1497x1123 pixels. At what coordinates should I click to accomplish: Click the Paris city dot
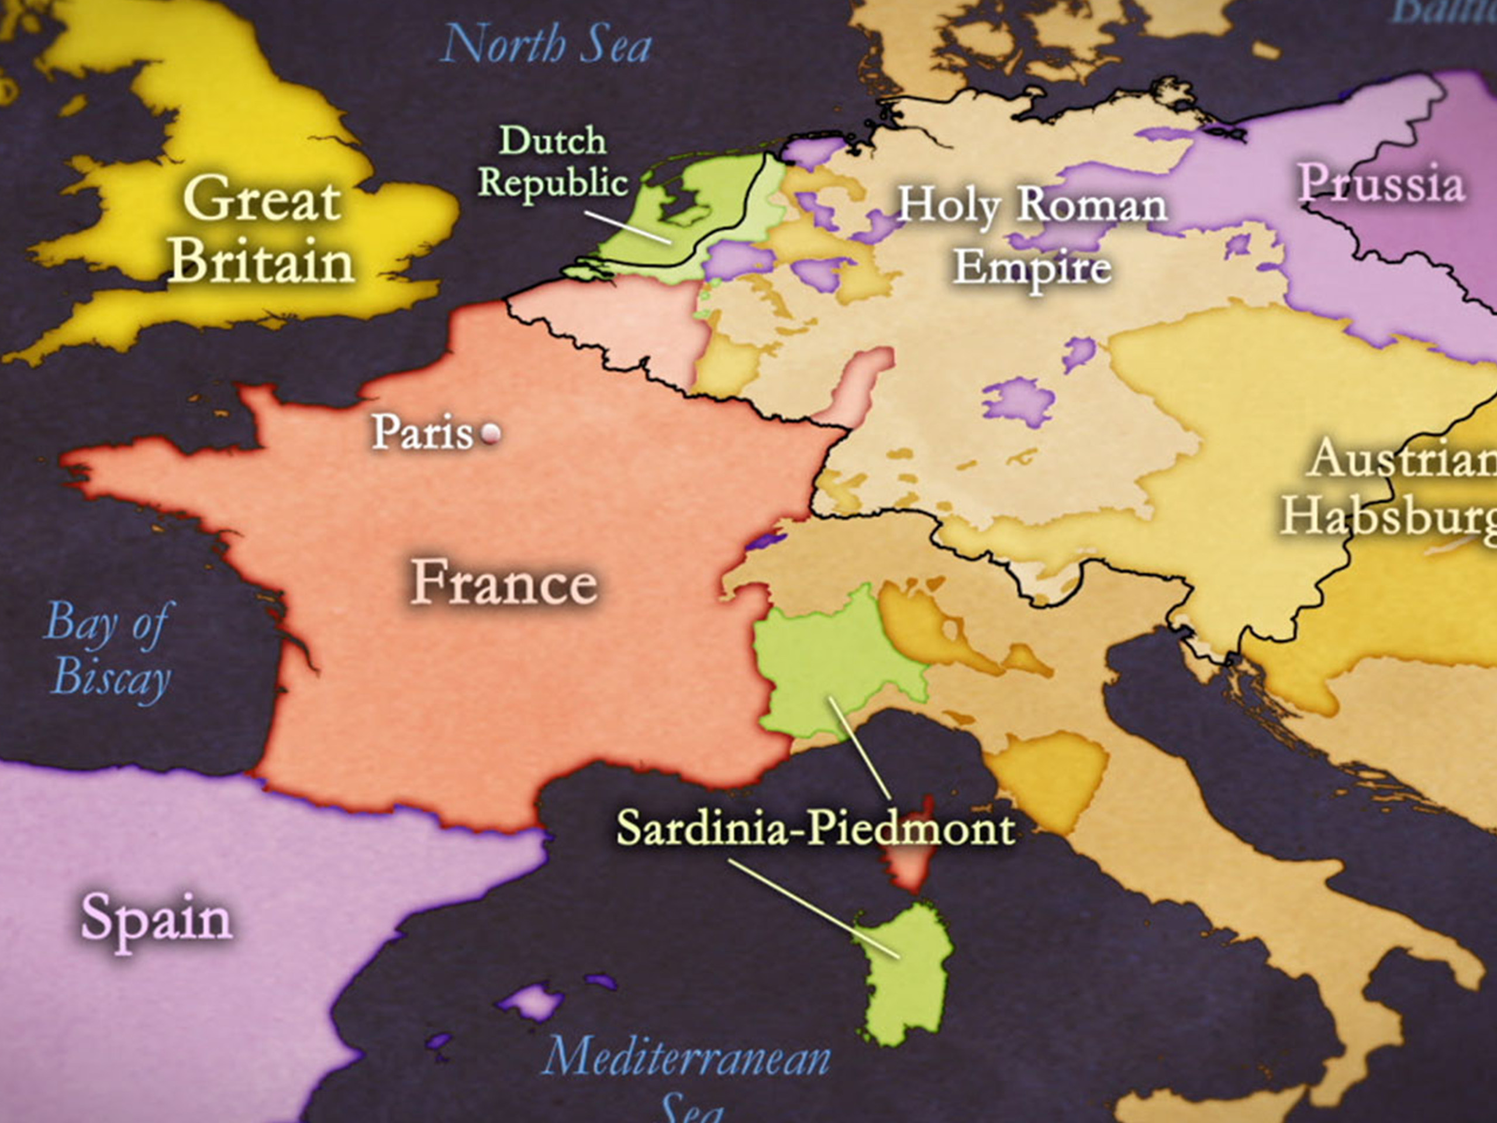(x=491, y=433)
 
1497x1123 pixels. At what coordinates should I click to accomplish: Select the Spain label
(x=156, y=918)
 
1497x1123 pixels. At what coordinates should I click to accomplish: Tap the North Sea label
(x=546, y=44)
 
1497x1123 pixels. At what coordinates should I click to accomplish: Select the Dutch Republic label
(x=553, y=163)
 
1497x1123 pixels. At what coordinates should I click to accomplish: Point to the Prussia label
(x=1381, y=184)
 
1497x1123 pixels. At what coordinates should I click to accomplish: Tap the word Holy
(x=948, y=205)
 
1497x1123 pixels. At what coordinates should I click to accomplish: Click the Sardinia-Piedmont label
(x=816, y=828)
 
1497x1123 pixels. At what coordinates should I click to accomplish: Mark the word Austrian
(x=1401, y=459)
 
